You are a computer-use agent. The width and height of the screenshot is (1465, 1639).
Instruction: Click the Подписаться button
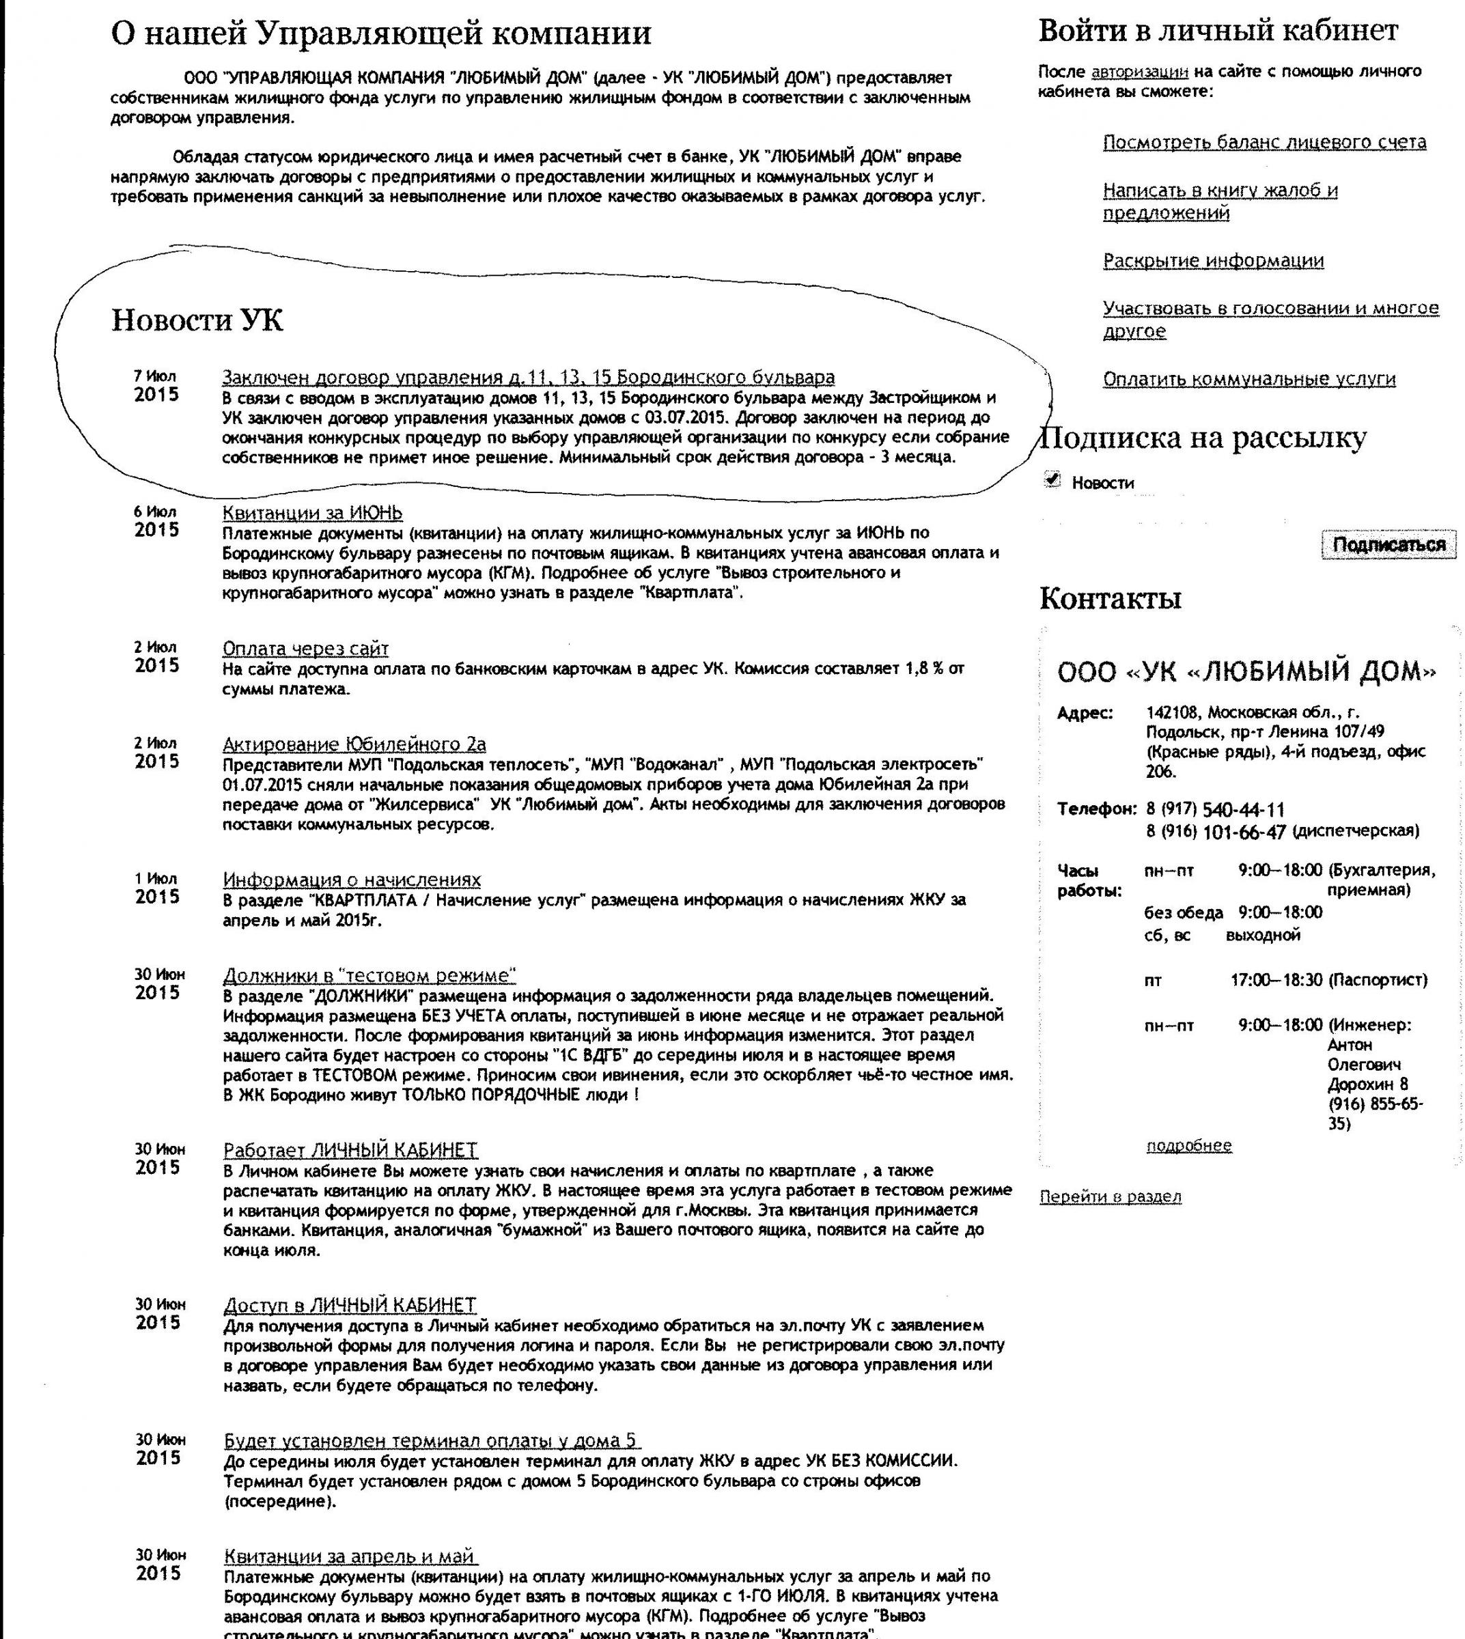click(1389, 545)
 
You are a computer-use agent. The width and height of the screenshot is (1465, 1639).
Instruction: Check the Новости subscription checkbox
click(1052, 480)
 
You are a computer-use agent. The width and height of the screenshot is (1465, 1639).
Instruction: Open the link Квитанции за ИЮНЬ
click(312, 513)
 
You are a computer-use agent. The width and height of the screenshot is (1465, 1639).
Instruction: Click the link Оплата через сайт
click(305, 648)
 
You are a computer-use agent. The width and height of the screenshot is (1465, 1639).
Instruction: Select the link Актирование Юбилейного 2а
click(354, 744)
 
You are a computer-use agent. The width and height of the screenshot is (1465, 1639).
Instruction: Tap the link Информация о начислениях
click(352, 879)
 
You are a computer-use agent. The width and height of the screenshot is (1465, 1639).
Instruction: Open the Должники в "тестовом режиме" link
click(369, 975)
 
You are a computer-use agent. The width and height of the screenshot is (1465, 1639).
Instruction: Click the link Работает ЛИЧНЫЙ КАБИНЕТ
click(350, 1149)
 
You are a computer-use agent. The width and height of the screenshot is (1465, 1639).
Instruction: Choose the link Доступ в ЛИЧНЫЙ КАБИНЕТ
click(350, 1305)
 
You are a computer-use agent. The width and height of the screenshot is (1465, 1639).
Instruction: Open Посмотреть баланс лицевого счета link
click(1264, 143)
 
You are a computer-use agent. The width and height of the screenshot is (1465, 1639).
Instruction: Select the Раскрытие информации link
click(1213, 261)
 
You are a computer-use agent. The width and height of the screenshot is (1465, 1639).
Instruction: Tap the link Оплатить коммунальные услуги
click(1249, 379)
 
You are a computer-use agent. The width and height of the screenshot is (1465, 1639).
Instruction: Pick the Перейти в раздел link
click(1110, 1197)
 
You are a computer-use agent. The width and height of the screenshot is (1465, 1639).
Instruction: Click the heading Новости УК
click(197, 320)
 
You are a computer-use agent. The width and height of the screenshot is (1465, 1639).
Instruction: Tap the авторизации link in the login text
click(1139, 72)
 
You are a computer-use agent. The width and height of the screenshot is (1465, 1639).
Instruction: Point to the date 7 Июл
click(154, 376)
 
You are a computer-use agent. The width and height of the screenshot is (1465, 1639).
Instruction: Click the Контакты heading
click(1110, 598)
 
